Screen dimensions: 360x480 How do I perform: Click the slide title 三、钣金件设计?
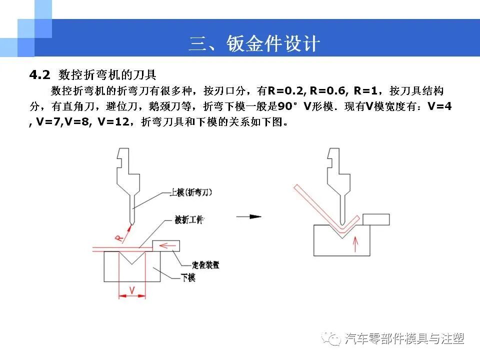coord(254,44)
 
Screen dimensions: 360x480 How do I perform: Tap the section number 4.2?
coord(40,75)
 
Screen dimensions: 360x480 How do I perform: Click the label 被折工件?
coord(189,220)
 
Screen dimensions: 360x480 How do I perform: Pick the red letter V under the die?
coord(131,290)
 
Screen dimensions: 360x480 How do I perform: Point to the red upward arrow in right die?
coord(355,244)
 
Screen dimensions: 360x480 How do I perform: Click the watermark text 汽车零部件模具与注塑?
coord(404,339)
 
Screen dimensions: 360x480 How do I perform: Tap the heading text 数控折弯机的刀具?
coord(107,75)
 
